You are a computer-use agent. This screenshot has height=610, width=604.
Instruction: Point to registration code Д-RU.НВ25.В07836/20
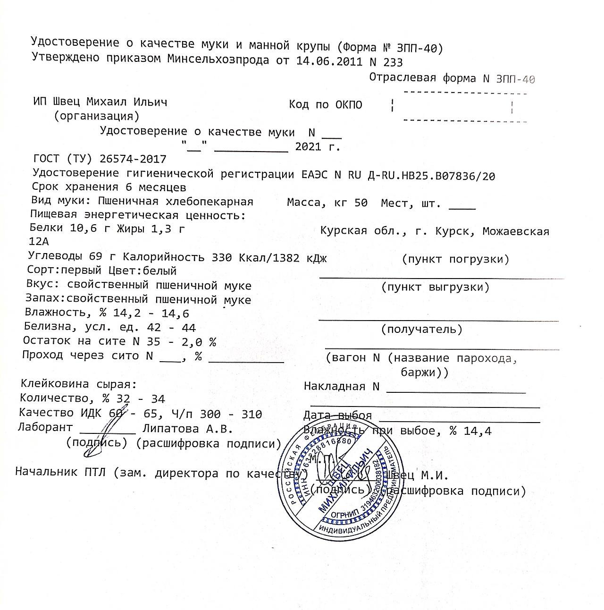coord(431,176)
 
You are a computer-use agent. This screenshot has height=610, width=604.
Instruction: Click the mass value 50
coord(361,203)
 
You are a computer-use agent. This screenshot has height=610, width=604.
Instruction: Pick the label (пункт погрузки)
coord(456,259)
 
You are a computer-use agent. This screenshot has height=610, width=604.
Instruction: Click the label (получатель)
coord(422,329)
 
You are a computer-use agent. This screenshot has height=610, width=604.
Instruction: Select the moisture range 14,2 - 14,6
coord(151,313)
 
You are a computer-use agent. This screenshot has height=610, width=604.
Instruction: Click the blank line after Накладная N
coord(455,390)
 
